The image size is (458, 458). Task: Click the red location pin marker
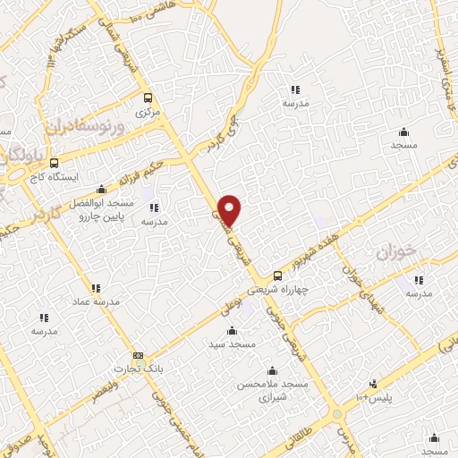point(231,209)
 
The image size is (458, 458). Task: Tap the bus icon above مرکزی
point(148,99)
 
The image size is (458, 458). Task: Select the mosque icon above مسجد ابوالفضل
point(102,189)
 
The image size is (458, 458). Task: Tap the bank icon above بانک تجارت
point(138,354)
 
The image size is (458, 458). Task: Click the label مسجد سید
point(232,343)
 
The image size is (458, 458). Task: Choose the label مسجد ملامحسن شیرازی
point(271,390)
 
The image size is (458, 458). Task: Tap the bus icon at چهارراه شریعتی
point(277,276)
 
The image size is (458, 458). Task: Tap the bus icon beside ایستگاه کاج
point(55,165)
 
